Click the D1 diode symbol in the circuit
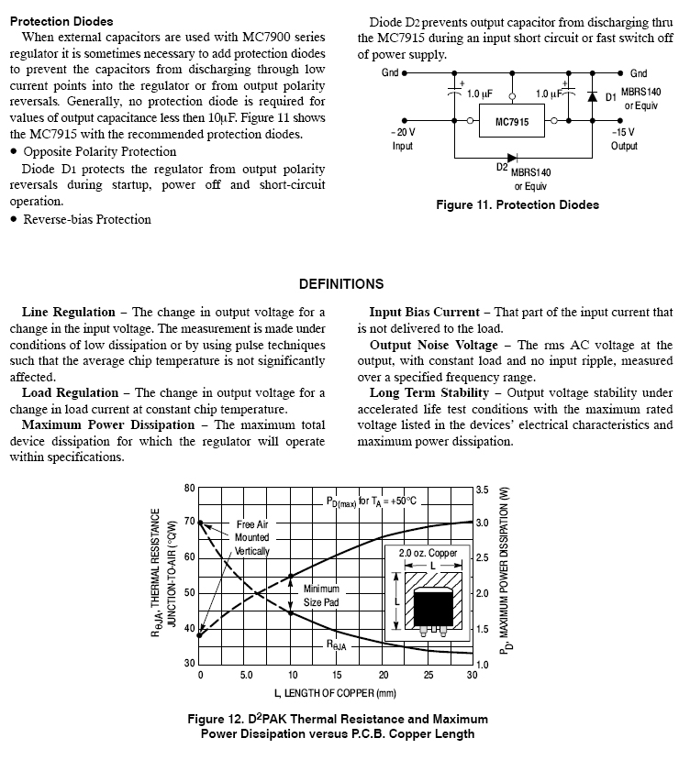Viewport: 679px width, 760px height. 592,95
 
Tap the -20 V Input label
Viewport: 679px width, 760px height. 403,138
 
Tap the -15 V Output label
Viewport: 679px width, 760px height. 624,138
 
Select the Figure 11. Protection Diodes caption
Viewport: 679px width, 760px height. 518,205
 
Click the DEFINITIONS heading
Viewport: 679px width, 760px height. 340,284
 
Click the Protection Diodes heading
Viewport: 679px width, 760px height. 61,20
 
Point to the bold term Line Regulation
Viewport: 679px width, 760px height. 68,313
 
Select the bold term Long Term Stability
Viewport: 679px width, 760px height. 429,393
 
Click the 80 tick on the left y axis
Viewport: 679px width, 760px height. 189,489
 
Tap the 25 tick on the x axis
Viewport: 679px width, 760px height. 428,676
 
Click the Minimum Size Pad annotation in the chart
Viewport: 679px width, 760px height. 321,596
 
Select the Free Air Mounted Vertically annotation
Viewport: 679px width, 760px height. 252,537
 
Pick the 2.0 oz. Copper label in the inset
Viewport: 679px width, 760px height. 428,554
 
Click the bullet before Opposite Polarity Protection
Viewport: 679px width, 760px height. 14,152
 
